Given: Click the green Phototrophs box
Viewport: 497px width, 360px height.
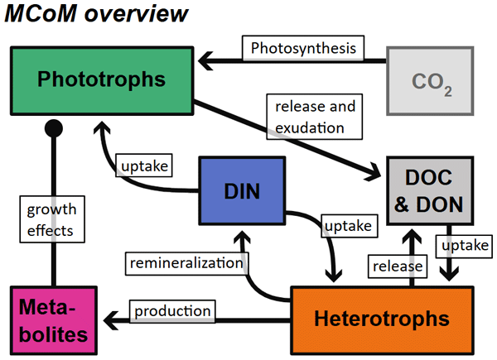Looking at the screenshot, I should (x=101, y=80).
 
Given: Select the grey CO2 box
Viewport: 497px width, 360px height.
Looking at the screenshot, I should (x=432, y=81).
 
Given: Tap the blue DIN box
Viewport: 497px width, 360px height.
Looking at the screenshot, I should (x=242, y=191).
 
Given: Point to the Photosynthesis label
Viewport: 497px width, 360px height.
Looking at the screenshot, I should (x=303, y=47).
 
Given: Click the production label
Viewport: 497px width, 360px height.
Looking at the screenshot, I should (x=173, y=310).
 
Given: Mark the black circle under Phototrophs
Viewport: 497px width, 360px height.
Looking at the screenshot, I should (x=54, y=127).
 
